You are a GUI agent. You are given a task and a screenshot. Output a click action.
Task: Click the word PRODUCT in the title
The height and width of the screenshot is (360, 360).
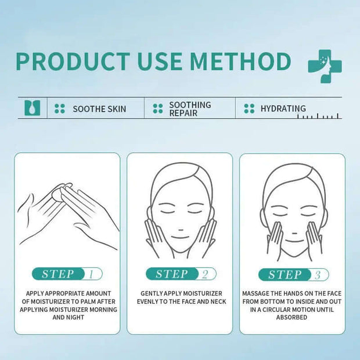coord(73,62)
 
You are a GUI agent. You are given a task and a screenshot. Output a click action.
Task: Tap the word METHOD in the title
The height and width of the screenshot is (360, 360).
coord(240,62)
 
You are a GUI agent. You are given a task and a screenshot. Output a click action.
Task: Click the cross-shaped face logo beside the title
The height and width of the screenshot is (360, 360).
coord(325,66)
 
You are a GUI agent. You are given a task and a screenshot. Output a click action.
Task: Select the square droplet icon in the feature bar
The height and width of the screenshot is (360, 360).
coord(33,107)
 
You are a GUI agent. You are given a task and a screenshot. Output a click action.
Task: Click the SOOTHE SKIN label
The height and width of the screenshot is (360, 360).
coord(99,109)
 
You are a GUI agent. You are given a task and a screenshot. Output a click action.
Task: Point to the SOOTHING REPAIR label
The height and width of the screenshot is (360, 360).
coord(190,109)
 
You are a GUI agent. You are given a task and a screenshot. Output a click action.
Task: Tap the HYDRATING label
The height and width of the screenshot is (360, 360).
coord(283,109)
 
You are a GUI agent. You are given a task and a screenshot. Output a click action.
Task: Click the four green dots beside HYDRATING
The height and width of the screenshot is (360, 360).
coord(249,109)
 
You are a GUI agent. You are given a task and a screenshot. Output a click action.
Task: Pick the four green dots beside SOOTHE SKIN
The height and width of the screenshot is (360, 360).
coord(60,109)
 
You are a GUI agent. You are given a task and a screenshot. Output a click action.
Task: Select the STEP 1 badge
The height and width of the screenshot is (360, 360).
coord(67,273)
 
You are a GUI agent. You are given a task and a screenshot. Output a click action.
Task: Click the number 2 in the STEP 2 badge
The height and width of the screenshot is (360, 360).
coord(205,274)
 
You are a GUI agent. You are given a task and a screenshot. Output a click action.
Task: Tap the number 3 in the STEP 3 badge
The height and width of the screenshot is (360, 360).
coord(318,275)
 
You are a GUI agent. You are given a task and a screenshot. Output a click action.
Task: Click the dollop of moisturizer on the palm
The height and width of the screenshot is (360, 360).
coord(57,193)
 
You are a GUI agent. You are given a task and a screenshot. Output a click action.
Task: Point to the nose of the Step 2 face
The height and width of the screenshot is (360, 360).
coord(181,229)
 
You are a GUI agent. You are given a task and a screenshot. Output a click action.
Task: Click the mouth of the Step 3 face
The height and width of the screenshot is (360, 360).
coord(295,242)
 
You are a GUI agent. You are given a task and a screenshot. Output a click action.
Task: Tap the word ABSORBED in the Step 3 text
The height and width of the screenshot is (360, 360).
coord(291,317)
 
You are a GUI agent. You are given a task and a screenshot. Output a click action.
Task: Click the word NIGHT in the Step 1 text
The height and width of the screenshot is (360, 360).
coord(75,317)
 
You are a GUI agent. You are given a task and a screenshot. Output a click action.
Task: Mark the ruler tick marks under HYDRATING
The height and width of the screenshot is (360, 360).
coord(318,116)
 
